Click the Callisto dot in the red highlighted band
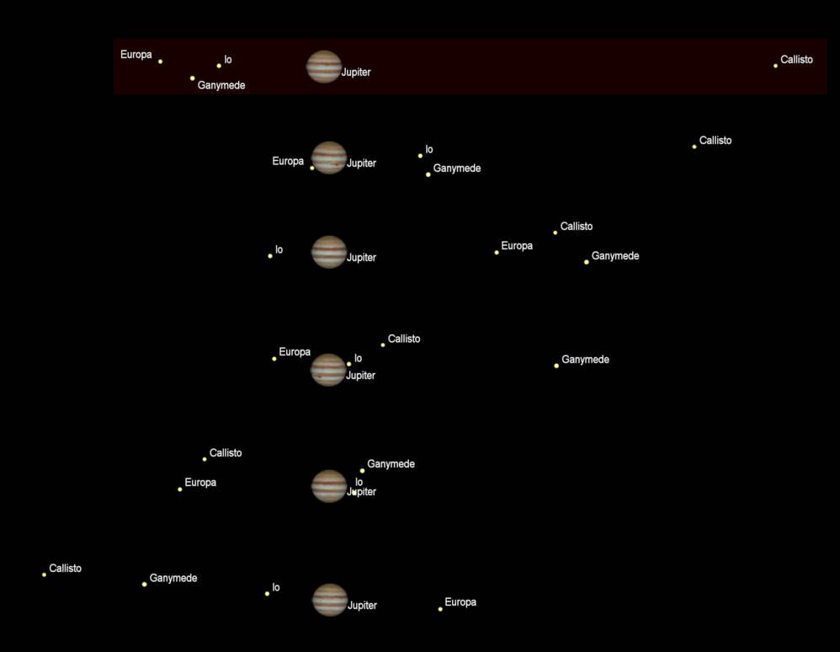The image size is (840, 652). [x=775, y=66]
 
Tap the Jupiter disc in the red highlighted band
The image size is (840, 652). [x=324, y=67]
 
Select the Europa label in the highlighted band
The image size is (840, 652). [x=136, y=55]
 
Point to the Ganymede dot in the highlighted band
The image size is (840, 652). [x=192, y=78]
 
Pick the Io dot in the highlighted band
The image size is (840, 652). [x=219, y=66]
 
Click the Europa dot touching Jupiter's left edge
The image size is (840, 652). [x=312, y=168]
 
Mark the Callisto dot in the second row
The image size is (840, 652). [x=694, y=147]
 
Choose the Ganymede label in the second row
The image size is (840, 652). [x=457, y=168]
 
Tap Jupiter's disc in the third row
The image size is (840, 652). [x=329, y=252]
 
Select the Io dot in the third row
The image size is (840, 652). [x=270, y=256]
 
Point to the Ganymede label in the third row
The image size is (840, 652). [x=615, y=256]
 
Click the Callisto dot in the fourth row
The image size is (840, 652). [x=383, y=345]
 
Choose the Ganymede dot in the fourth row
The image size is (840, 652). [x=556, y=366]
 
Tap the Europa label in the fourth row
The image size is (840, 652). [x=295, y=352]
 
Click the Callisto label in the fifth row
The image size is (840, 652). [x=226, y=453]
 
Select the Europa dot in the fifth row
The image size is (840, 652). [x=179, y=489]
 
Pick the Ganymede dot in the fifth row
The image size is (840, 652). [x=363, y=471]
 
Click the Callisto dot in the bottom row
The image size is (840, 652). [x=44, y=575]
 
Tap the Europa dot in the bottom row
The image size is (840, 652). [x=440, y=609]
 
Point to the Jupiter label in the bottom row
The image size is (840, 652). [x=363, y=606]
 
